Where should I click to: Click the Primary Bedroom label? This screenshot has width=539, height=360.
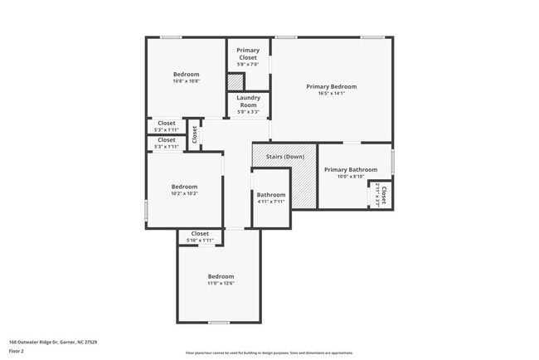(x=331, y=86)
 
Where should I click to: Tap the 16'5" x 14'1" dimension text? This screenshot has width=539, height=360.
(x=331, y=94)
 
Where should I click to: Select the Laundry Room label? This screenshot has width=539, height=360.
(x=248, y=101)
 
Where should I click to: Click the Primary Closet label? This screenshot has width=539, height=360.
(x=248, y=54)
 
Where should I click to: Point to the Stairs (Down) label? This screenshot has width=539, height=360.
(x=284, y=157)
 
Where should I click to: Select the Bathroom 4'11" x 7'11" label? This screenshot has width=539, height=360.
(x=271, y=197)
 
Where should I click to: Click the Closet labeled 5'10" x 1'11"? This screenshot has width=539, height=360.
(x=201, y=236)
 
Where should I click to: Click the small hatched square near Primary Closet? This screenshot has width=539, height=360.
(x=236, y=83)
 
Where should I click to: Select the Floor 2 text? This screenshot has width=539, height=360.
(x=17, y=351)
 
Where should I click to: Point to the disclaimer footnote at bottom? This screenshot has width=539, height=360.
(x=269, y=353)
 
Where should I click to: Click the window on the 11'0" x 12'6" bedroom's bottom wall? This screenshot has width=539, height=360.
(x=218, y=323)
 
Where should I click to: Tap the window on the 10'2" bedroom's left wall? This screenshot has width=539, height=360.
(x=147, y=211)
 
